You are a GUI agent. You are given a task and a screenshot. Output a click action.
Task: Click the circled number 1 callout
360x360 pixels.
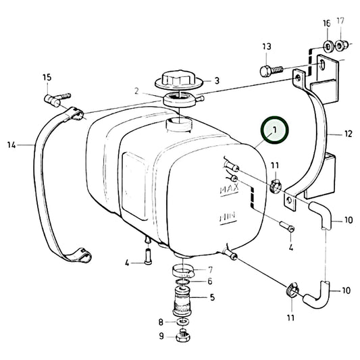275,130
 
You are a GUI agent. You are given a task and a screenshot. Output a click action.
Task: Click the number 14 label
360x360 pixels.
11,144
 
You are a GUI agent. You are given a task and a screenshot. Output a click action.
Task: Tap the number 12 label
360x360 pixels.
348,134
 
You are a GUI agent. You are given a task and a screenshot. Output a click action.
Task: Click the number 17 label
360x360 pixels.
340,22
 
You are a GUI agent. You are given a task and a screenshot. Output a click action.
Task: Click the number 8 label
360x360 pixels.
160,322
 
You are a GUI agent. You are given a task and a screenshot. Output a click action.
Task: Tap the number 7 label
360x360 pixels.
210,269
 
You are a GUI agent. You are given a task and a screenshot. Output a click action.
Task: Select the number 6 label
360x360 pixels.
210,281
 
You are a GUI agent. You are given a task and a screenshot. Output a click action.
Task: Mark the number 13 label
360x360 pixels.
267,46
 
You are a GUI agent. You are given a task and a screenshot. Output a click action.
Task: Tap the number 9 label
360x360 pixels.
160,335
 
